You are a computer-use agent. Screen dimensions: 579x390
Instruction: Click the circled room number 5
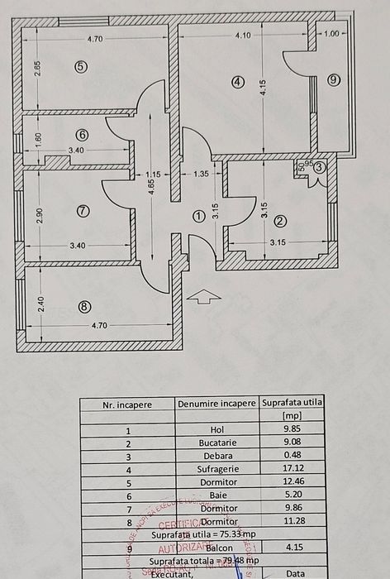80,68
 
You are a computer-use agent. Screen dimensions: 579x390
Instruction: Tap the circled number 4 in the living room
238,81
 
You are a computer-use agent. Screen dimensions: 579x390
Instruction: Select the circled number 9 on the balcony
333,80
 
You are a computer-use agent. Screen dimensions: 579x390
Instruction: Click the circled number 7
82,211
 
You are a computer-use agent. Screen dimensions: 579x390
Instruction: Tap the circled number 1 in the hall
197,216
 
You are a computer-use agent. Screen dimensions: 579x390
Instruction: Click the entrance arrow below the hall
201,296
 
